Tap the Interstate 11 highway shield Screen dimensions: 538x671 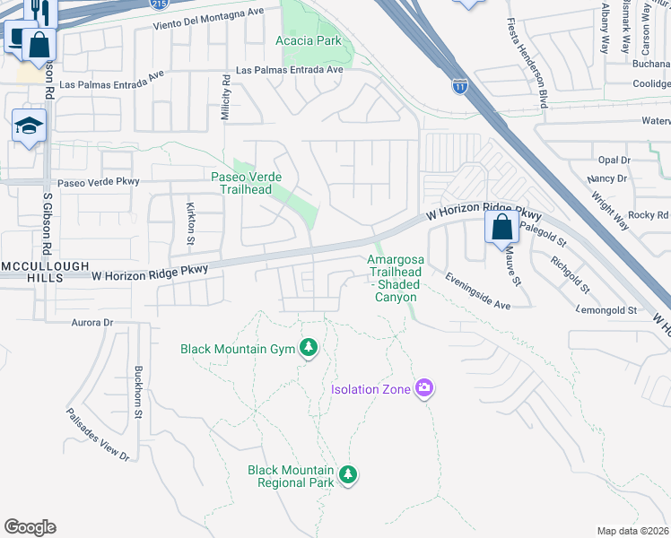pos(459,86)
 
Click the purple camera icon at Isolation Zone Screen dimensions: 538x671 pos(424,388)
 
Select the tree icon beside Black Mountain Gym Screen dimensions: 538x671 pos(309,348)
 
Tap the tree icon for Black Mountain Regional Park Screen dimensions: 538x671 pos(348,475)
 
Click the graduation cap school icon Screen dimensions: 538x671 pos(29,126)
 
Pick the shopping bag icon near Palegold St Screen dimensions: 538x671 pos(501,227)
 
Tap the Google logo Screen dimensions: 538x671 pos(30,527)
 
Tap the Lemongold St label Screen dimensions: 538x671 pos(607,310)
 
